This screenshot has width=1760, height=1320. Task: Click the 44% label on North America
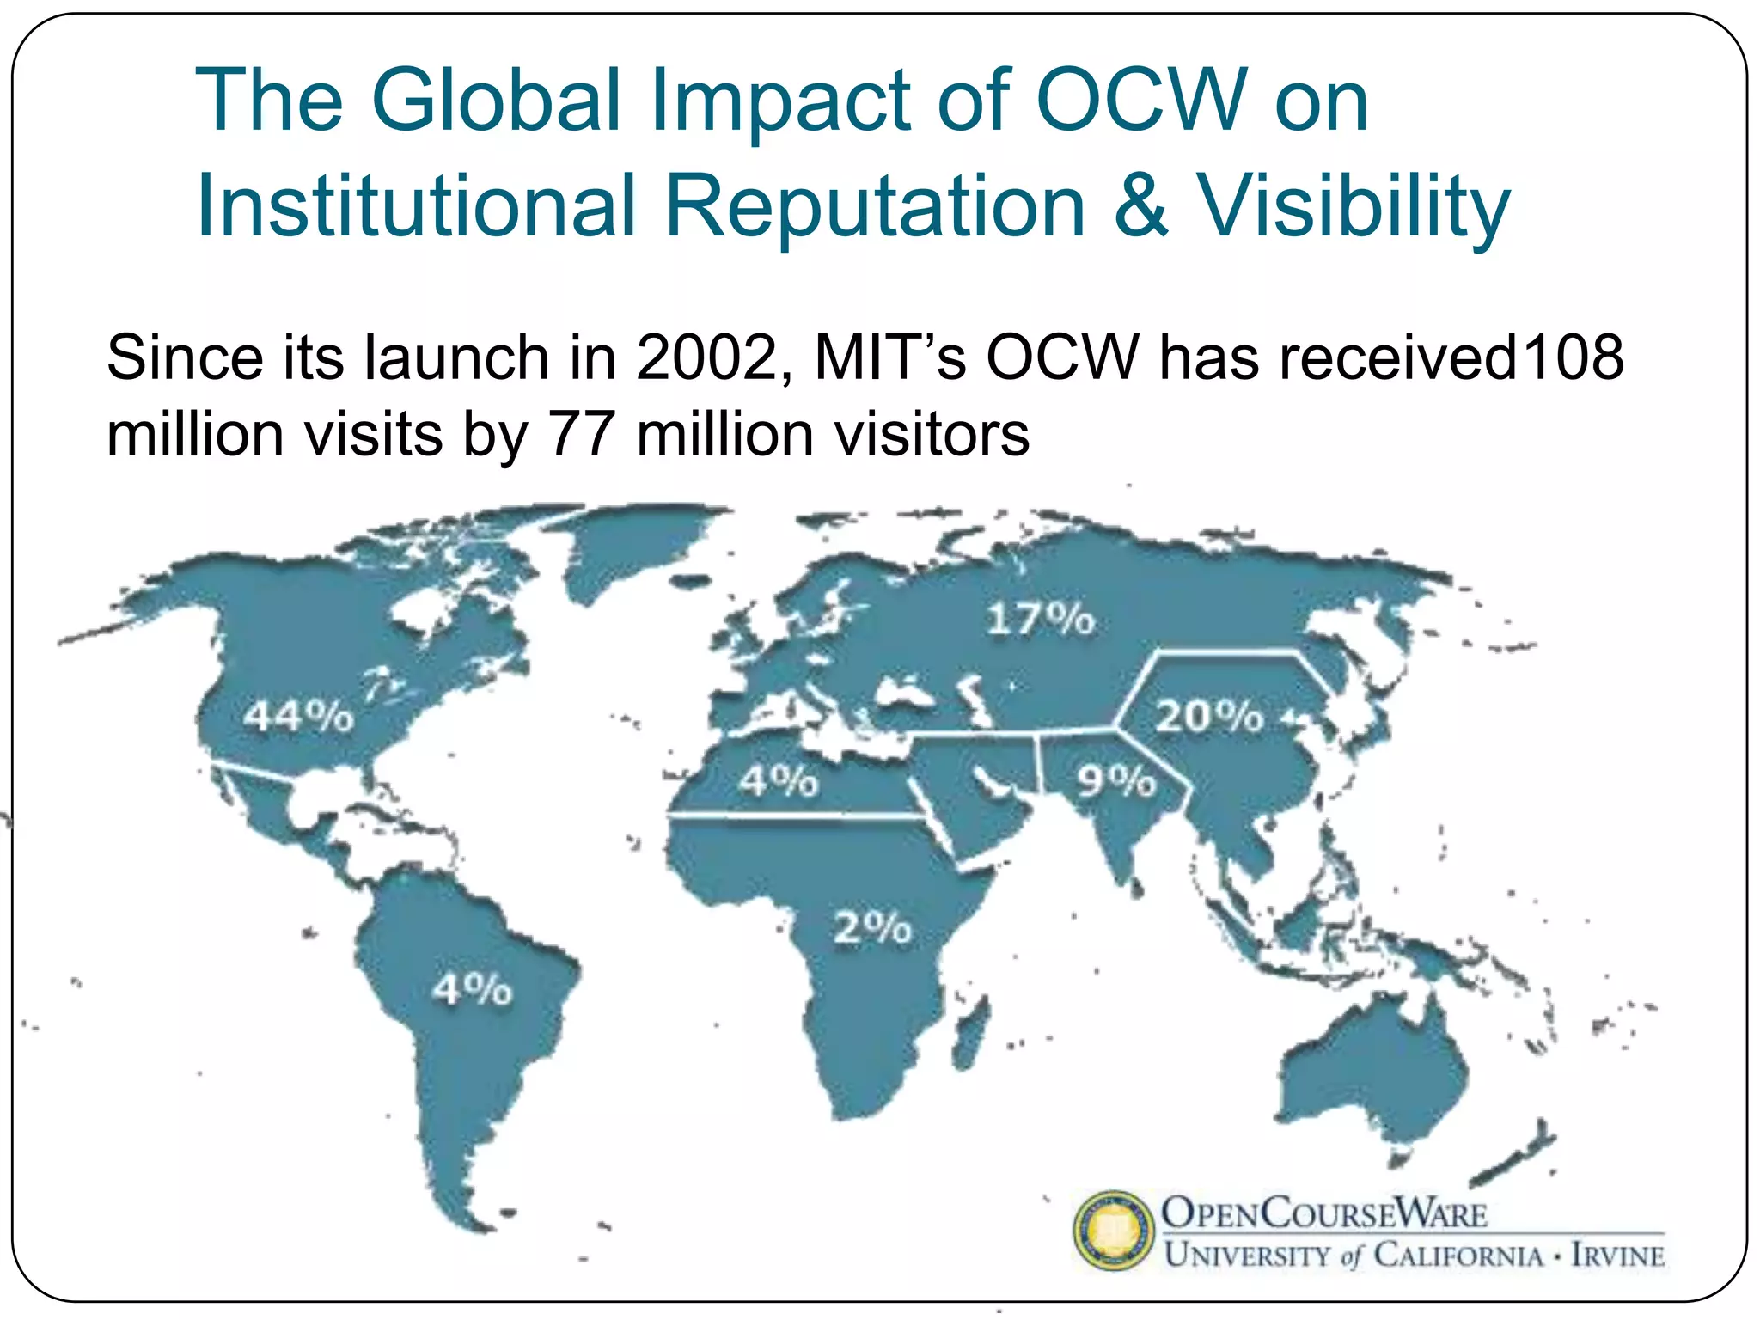tap(298, 716)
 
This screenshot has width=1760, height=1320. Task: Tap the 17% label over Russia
tap(1041, 619)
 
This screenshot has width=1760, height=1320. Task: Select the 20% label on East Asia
tap(1209, 716)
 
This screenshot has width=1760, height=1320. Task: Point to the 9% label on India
tap(1116, 780)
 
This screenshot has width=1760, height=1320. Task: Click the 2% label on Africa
tap(872, 928)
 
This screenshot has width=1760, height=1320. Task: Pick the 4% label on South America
tap(472, 989)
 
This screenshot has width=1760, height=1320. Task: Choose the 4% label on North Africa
tap(779, 780)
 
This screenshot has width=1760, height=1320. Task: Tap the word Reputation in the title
tap(875, 206)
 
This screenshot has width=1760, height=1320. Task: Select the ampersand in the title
tap(1141, 206)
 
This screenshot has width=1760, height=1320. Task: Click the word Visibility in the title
tap(1354, 206)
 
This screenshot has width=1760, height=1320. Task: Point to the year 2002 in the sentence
tap(706, 357)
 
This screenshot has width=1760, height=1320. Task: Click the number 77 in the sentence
tap(582, 434)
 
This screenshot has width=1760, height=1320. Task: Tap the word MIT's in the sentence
tap(890, 357)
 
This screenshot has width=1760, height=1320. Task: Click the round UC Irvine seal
tap(1114, 1231)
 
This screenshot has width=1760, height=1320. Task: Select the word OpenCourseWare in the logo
tap(1324, 1213)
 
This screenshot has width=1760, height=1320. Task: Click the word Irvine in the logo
tap(1617, 1256)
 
